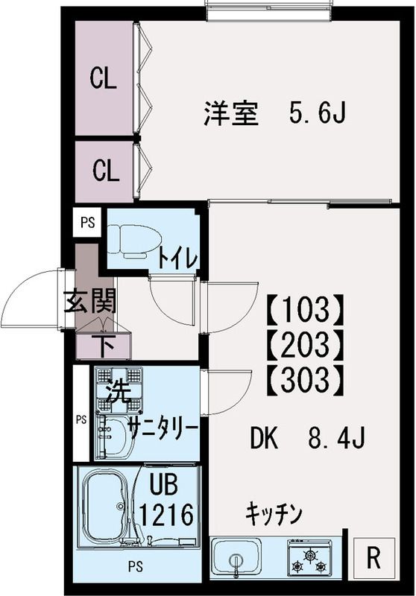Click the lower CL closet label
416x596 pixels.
coord(104,171)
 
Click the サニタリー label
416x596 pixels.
coord(163,429)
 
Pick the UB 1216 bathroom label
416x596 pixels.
coord(168,501)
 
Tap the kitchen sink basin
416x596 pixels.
coord(236,557)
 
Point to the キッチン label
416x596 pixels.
coord(274,514)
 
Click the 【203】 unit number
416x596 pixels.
coord(303,343)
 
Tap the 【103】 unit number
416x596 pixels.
coord(303,307)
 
